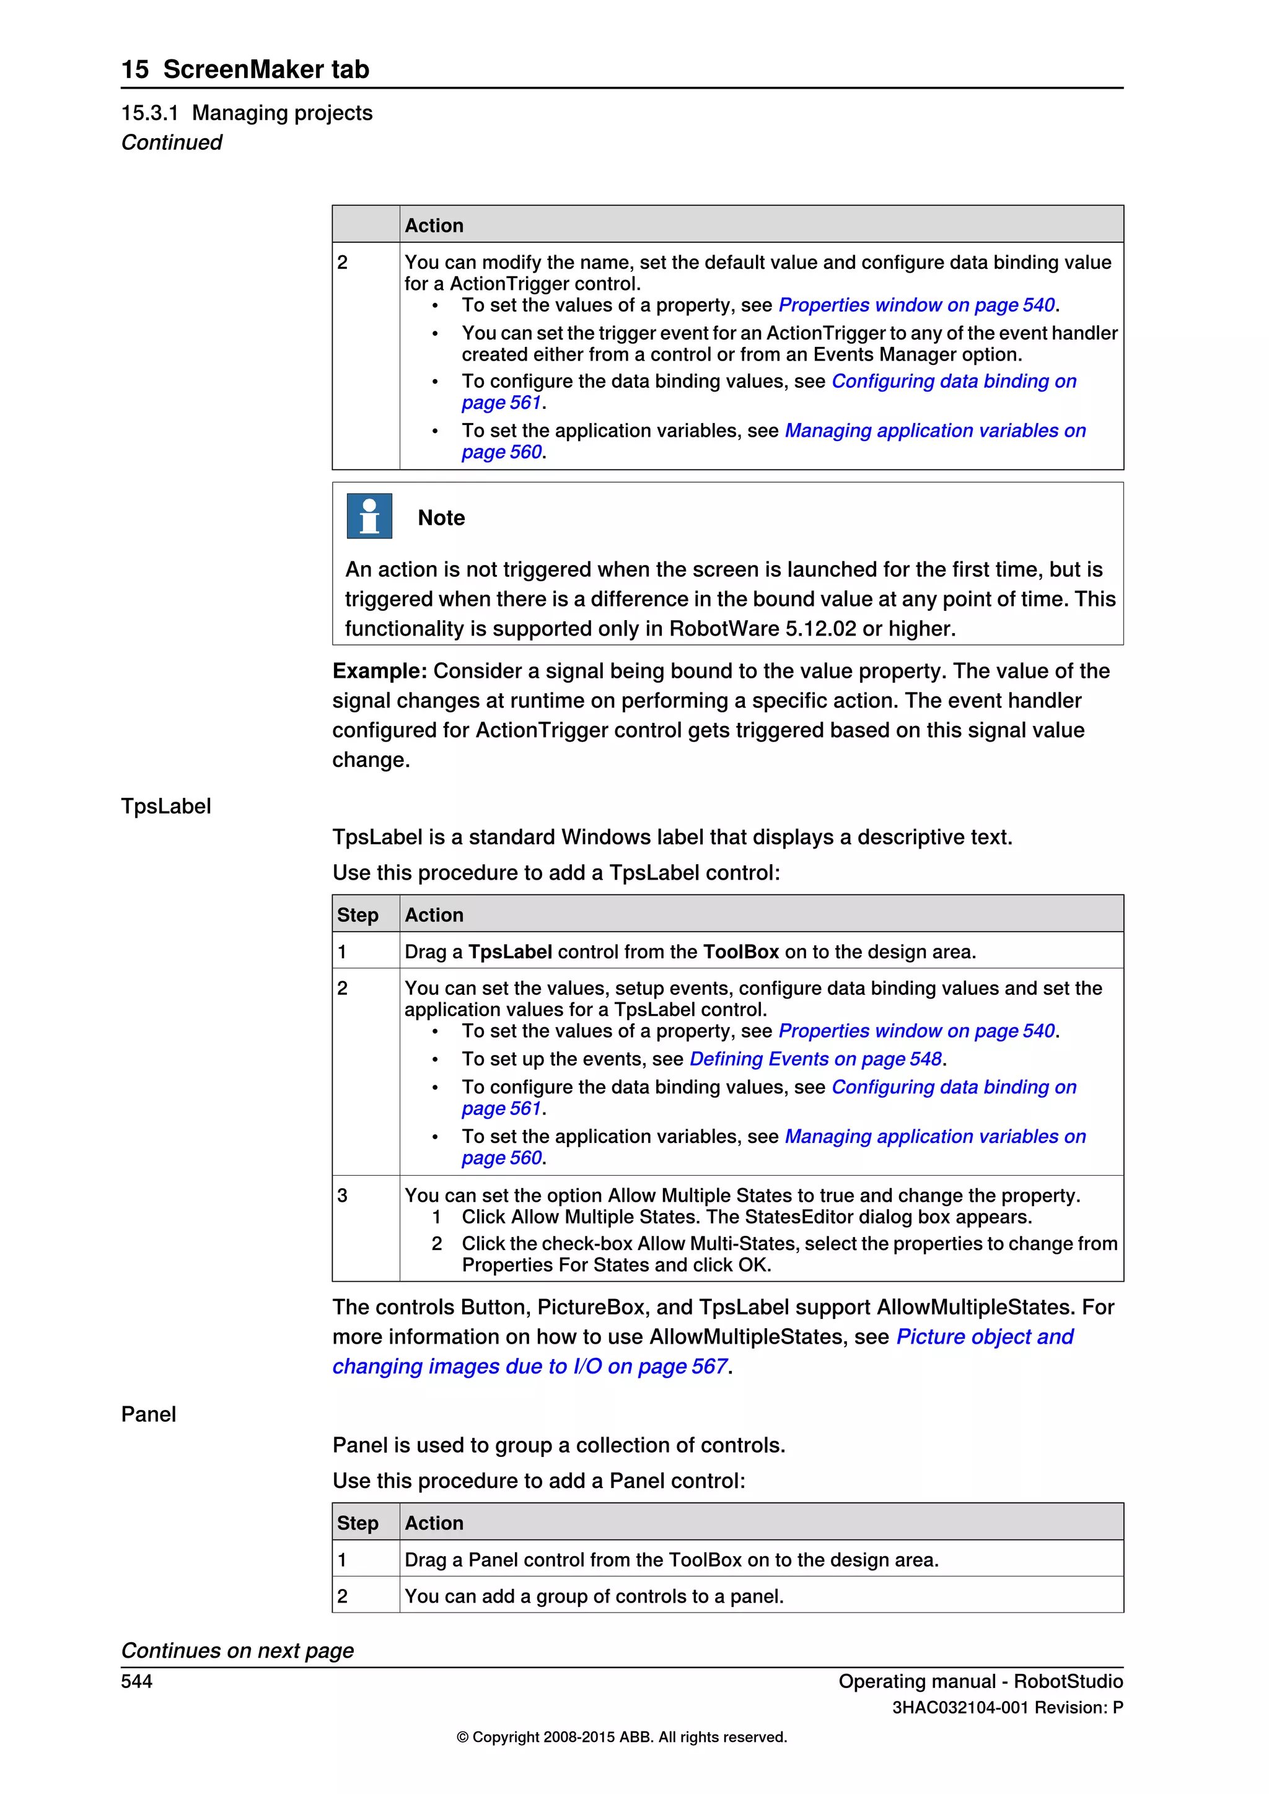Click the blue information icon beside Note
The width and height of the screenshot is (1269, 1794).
pos(369,517)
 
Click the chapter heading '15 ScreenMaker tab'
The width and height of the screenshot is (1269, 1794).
pos(245,69)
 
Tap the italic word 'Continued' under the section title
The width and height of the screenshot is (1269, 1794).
pos(171,142)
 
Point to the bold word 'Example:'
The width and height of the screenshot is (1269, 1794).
pos(379,671)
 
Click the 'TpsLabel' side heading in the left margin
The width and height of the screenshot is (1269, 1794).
pos(165,807)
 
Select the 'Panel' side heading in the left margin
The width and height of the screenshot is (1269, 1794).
pos(149,1414)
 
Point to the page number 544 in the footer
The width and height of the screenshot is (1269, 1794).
pos(137,1681)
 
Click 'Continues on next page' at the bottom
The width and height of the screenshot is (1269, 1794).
pos(237,1650)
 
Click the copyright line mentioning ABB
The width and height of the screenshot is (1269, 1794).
pos(621,1737)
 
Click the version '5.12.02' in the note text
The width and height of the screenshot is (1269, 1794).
pos(820,629)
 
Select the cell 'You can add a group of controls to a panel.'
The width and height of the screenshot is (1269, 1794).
pos(593,1596)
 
